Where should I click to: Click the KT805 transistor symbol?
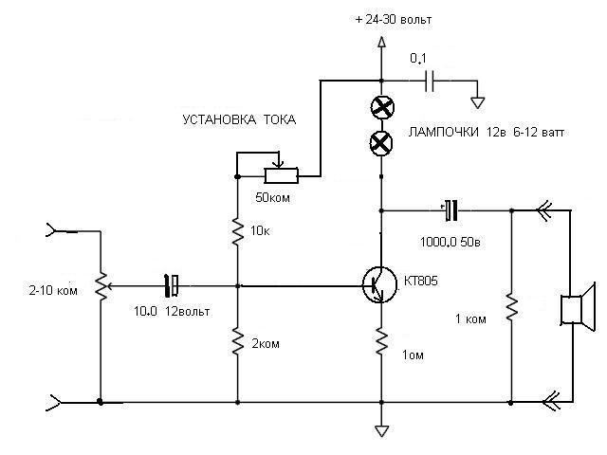coord(379,284)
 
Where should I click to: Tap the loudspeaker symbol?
coord(578,307)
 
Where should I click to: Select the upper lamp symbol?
coord(382,107)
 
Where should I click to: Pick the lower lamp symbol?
coord(381,143)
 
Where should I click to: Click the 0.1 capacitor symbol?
coord(430,81)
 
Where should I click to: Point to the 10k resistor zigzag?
coord(238,231)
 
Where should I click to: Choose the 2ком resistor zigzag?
coord(238,341)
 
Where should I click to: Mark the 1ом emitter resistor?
coord(381,341)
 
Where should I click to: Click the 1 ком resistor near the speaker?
coord(511,307)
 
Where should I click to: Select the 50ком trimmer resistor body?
coord(281,175)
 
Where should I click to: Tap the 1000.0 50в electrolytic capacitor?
coord(451,210)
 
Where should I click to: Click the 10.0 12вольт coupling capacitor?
coord(172,286)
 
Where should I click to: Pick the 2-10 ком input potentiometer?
coord(101,286)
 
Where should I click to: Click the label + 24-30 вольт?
coord(394,20)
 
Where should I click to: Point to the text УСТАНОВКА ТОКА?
coord(239,119)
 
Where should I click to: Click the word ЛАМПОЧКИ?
coord(444,133)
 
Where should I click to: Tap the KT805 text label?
coord(421,281)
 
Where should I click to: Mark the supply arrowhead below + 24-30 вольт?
coord(381,42)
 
